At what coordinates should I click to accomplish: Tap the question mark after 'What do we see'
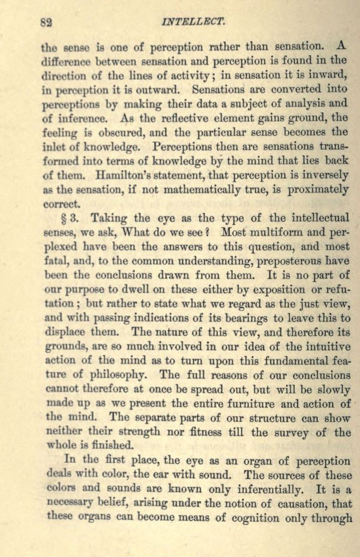tap(211, 231)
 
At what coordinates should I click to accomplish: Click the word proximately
tap(308, 189)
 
